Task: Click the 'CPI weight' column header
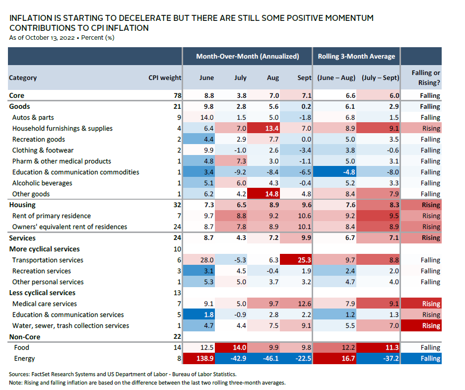click(x=165, y=78)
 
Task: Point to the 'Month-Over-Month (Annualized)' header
click(x=247, y=56)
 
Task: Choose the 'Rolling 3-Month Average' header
click(x=356, y=56)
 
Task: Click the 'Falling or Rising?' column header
click(x=425, y=78)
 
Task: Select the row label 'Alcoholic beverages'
click(x=42, y=183)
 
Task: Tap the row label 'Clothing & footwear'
click(x=43, y=150)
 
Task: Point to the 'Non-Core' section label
click(x=25, y=337)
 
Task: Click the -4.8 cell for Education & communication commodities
click(x=337, y=172)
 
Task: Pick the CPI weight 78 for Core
click(x=177, y=95)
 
